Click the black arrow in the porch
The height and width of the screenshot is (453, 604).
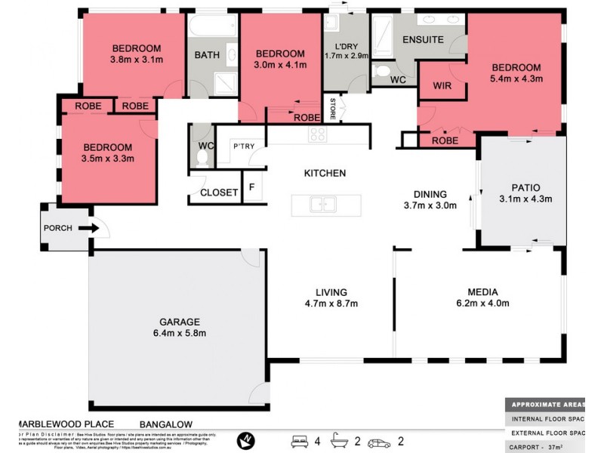(x=88, y=228)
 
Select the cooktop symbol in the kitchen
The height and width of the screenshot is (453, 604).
(x=317, y=135)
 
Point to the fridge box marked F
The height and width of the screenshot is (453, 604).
(x=252, y=186)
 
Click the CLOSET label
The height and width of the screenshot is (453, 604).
(x=219, y=193)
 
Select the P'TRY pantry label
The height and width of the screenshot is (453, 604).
(x=242, y=146)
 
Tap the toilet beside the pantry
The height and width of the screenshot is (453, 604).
(x=201, y=156)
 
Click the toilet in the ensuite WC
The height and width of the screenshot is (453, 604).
(x=381, y=72)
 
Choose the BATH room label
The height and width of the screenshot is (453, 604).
(x=207, y=55)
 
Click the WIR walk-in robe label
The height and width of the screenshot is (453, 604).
(x=442, y=86)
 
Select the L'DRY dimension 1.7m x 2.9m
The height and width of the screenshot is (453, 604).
(x=345, y=55)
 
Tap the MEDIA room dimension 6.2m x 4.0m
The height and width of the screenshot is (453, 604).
(x=478, y=304)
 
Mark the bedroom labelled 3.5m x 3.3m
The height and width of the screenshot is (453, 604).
(x=107, y=153)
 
